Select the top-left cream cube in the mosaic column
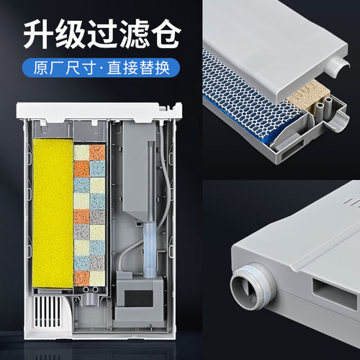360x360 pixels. tap(81, 152)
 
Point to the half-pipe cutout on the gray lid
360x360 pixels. tap(330, 68)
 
